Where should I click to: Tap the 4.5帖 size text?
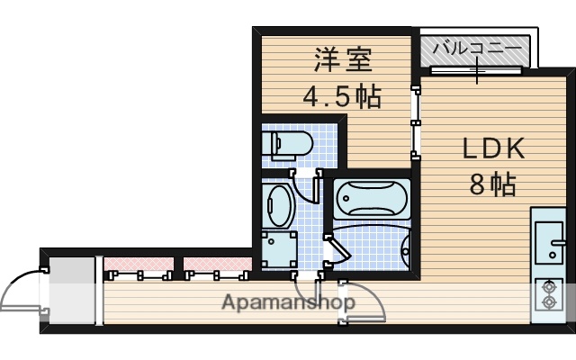pos(340,94)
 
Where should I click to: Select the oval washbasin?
pos(279,206)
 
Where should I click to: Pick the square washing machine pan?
pos(279,247)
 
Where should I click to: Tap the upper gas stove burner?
pos(547,288)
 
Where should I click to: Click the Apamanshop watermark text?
pos(287,302)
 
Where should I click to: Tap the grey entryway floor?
pos(71,291)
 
